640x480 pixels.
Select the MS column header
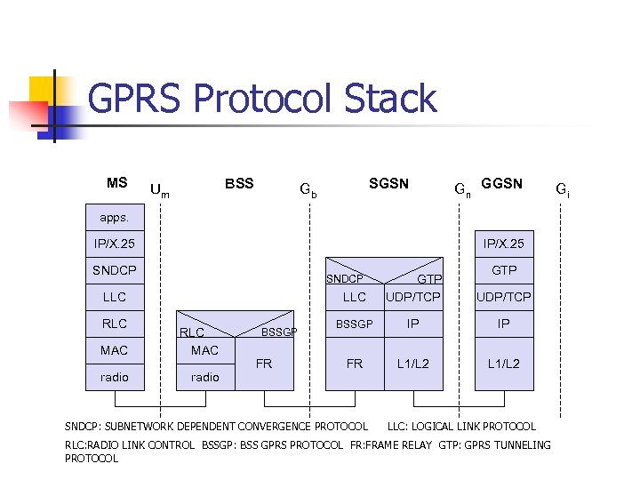click(116, 183)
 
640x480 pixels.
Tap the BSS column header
click(239, 184)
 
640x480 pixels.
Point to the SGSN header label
click(388, 184)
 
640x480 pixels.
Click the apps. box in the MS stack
click(113, 216)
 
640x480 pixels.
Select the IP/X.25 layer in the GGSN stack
click(503, 243)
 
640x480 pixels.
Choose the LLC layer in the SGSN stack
click(355, 297)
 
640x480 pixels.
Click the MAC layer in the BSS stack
click(204, 350)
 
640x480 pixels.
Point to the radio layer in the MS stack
click(115, 377)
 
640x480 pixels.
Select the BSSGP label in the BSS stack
click(278, 332)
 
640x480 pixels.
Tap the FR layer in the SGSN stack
click(355, 364)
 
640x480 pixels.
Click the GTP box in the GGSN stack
click(503, 270)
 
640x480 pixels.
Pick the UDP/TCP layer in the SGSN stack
click(413, 297)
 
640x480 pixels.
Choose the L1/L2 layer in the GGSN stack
click(503, 364)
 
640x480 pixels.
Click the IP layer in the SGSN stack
click(413, 324)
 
